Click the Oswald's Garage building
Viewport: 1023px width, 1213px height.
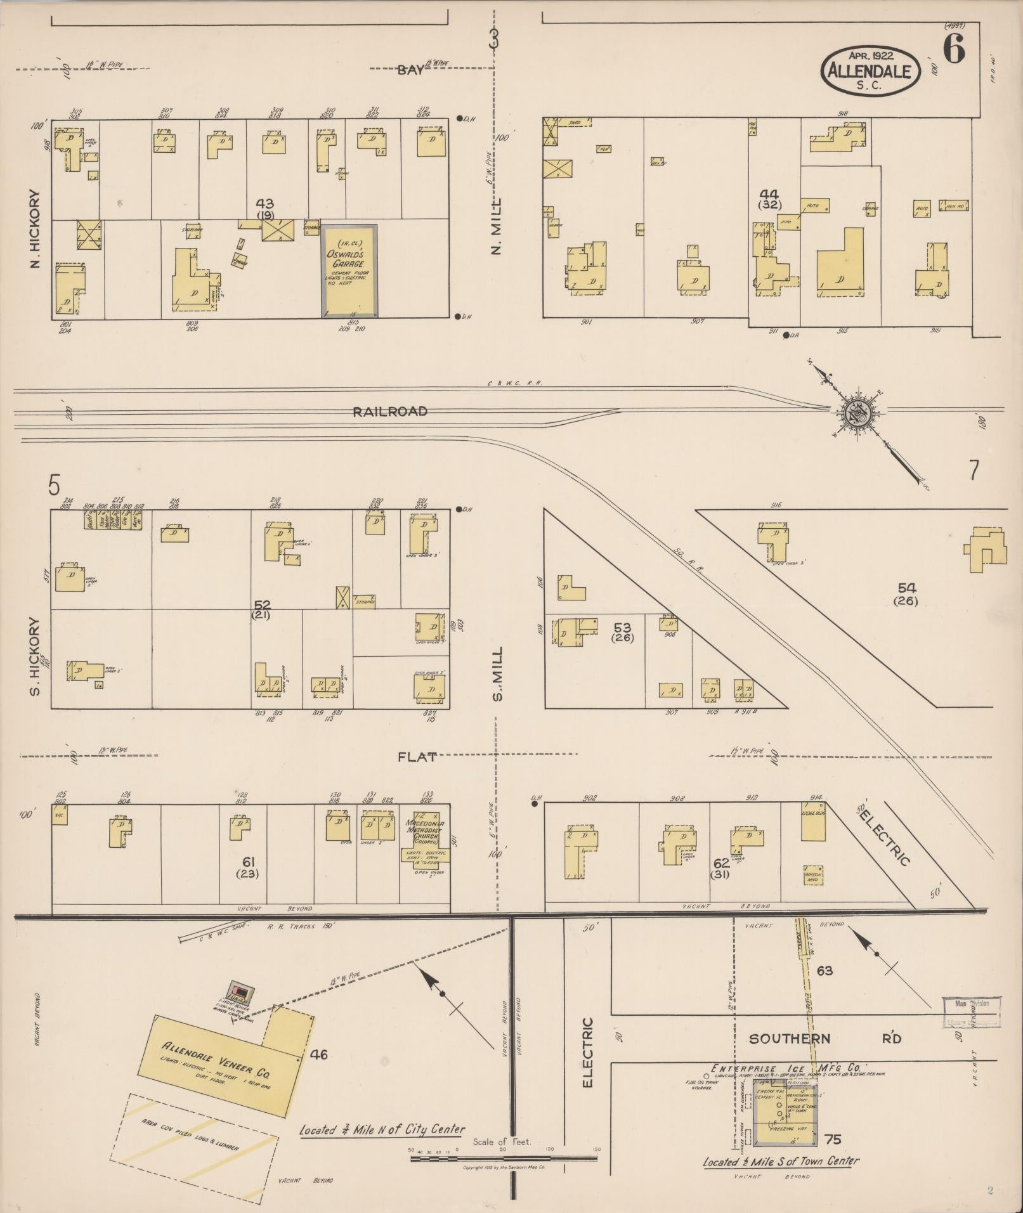(350, 271)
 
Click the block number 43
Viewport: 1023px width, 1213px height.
(265, 204)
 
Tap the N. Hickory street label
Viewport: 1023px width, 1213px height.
(35, 229)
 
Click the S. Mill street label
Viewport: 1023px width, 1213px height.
(497, 673)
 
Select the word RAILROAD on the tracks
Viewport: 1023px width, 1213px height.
(390, 412)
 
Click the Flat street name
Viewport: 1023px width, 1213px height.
(417, 756)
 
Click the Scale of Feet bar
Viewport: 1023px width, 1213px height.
(504, 1158)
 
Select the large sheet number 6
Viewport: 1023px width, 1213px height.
(953, 48)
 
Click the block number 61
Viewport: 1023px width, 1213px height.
(248, 861)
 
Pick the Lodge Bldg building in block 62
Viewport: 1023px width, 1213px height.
(813, 823)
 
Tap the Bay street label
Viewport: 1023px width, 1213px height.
(410, 70)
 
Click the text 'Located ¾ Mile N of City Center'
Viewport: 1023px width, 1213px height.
(382, 1129)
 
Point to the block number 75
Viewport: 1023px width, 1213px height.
(833, 1139)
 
